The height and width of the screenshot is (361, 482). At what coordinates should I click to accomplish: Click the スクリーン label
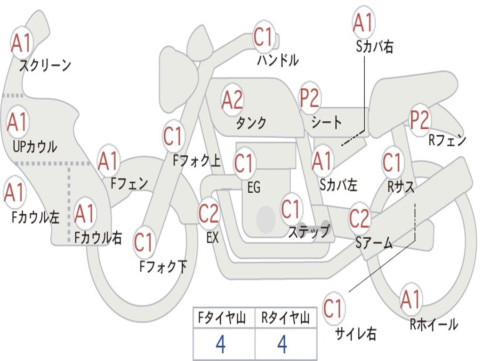[45, 65]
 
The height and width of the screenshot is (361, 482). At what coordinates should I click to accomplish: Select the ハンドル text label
[278, 60]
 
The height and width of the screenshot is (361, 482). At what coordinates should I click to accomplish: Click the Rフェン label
[447, 140]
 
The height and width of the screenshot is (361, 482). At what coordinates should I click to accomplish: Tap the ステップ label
[309, 231]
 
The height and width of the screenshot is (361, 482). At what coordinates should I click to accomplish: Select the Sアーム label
[374, 243]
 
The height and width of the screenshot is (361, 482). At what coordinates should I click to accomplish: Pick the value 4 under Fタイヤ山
[220, 345]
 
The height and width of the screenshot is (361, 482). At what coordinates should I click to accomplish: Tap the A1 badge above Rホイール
[410, 299]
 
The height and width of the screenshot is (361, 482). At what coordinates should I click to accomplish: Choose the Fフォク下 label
[163, 267]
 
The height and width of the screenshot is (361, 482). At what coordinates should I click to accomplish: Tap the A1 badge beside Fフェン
[108, 161]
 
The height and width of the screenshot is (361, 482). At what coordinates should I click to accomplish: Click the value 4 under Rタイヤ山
[282, 345]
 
